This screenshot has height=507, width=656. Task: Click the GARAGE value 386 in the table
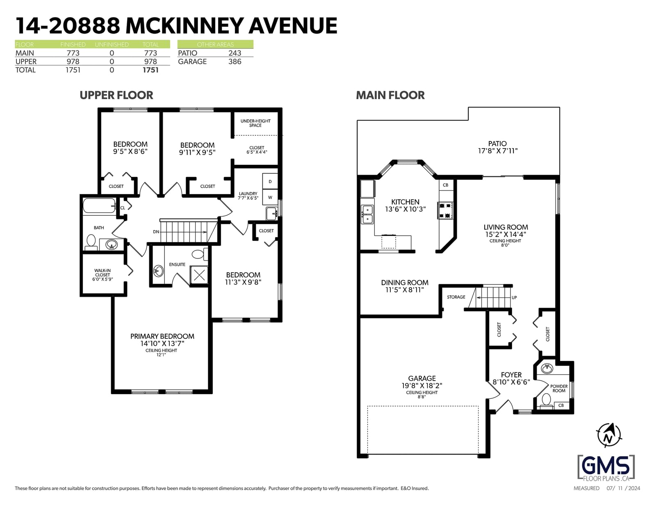(235, 62)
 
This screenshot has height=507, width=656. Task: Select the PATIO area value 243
(235, 53)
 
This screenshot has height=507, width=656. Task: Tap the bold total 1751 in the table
(150, 70)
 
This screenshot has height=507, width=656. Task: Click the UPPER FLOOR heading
(116, 95)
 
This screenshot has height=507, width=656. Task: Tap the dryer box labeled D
(270, 181)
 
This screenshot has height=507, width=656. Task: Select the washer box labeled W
(270, 197)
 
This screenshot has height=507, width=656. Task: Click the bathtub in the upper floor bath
(99, 206)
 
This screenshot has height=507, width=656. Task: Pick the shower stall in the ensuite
(199, 275)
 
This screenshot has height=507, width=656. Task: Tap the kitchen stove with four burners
(445, 210)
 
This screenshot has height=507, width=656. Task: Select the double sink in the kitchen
(367, 214)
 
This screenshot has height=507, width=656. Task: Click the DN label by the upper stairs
(156, 232)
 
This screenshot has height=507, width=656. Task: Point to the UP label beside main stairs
(514, 297)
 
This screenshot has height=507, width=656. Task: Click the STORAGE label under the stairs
(456, 297)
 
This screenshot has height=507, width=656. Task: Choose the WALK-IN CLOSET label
(102, 273)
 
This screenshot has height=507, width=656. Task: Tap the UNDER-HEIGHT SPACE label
(255, 123)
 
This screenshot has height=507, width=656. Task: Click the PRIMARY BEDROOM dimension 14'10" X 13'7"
(162, 344)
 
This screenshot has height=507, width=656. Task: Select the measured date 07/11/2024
(623, 488)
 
